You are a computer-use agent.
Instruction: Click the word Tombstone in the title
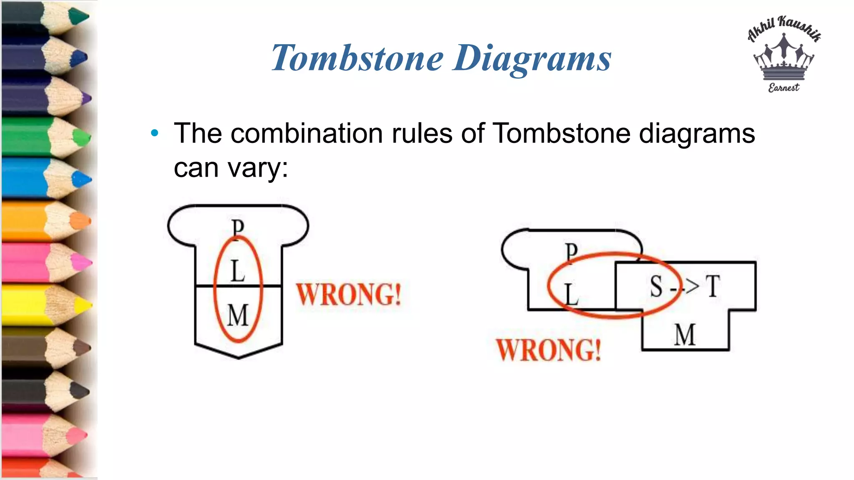[357, 58]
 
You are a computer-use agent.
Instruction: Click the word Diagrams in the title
[532, 59]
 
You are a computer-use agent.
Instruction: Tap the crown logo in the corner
[784, 58]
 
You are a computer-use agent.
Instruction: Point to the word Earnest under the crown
[784, 87]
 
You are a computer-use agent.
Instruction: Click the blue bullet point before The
[155, 133]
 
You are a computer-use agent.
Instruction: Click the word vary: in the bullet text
[258, 168]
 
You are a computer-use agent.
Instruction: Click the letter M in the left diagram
[238, 315]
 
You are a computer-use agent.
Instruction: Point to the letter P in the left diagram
[238, 228]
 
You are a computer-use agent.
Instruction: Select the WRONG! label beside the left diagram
[349, 295]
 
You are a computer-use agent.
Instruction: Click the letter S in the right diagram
[656, 287]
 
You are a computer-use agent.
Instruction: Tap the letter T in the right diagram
[713, 287]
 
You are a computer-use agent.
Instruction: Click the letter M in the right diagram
[685, 335]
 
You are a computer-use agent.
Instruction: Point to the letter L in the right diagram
[571, 294]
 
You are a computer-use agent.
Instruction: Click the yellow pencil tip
[85, 306]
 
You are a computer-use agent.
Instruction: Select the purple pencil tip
[87, 99]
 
